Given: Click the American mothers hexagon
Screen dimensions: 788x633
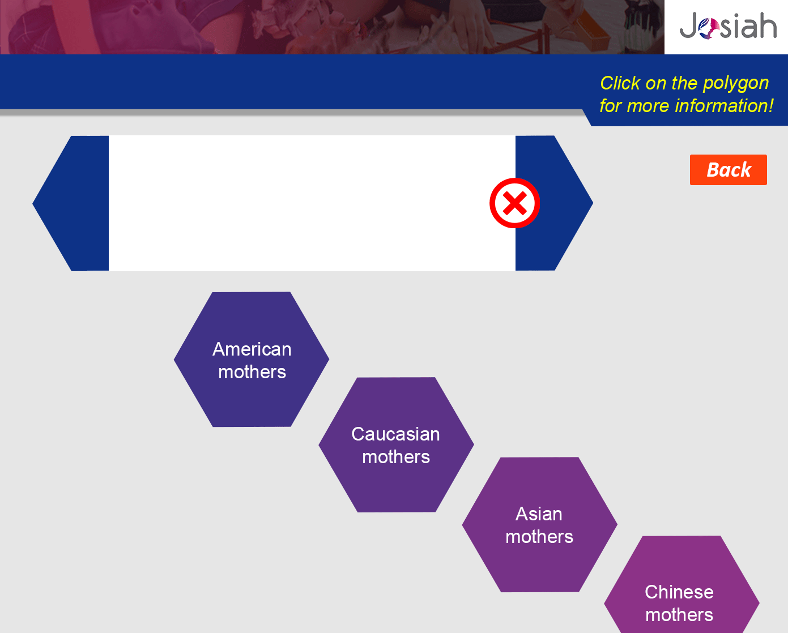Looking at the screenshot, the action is point(252,359).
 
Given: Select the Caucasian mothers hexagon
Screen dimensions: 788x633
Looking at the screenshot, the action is point(396,444).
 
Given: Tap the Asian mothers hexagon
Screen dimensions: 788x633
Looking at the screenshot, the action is point(540,524).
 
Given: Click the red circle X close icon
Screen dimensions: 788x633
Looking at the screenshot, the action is point(514,203).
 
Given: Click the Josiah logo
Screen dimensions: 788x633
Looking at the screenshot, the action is point(728,25).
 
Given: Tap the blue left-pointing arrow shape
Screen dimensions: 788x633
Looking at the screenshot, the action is point(71,203).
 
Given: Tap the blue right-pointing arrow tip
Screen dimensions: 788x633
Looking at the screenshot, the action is point(593,203).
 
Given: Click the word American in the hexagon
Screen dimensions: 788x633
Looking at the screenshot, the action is point(252,349).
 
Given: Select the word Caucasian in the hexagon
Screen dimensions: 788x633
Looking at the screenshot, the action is point(395,434).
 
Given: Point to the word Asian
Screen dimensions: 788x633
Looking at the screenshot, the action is point(539,514).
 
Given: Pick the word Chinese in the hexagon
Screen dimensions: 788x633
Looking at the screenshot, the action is point(679,592).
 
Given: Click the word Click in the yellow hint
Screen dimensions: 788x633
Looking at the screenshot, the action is point(620,83).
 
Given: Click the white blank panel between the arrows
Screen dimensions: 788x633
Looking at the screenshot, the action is point(312,203).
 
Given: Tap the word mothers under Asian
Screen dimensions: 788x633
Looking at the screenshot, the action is point(539,537).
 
